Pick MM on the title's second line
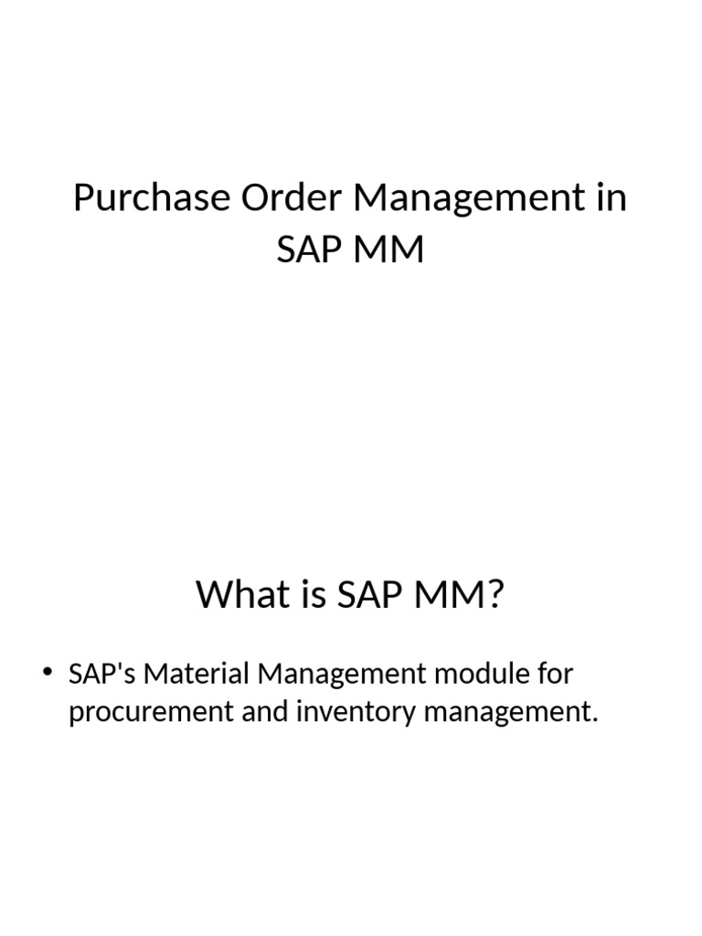point(391,248)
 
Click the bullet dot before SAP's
point(49,675)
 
